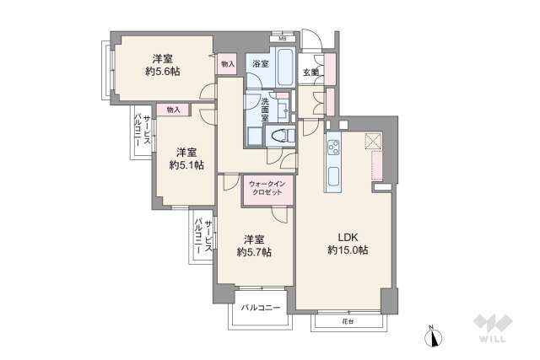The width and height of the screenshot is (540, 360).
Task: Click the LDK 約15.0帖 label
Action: click(x=348, y=244)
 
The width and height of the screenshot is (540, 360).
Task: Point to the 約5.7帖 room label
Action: click(x=253, y=244)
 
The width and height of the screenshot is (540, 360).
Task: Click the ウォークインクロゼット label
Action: click(x=269, y=186)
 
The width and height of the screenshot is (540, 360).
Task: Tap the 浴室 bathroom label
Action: click(x=259, y=64)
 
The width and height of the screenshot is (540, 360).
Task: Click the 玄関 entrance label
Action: click(x=310, y=73)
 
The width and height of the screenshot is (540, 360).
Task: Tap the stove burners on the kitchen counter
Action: click(x=333, y=149)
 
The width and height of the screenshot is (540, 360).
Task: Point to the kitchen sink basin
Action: click(x=333, y=179)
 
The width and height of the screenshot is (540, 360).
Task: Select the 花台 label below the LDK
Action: click(x=348, y=321)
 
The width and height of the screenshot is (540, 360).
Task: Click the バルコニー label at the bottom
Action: click(x=262, y=309)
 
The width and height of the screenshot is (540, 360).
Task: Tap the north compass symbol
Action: click(x=434, y=337)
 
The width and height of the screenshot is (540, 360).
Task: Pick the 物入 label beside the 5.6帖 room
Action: click(x=228, y=63)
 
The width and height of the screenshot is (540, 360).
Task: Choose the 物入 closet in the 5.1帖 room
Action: click(x=173, y=110)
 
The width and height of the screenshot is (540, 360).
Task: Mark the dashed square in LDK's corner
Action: click(x=375, y=142)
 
